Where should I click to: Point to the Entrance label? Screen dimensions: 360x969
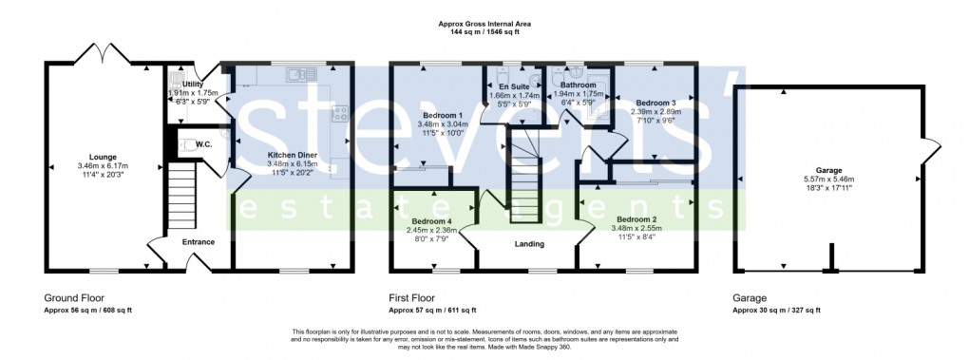(199, 242)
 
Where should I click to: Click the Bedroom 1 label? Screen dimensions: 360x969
(437, 116)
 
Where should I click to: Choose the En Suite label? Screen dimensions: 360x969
(514, 86)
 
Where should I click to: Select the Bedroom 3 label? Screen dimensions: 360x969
(655, 103)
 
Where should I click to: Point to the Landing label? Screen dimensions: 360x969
(529, 244)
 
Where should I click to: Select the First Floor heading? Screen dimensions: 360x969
(415, 297)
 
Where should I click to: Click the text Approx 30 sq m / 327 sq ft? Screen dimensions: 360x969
(776, 310)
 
